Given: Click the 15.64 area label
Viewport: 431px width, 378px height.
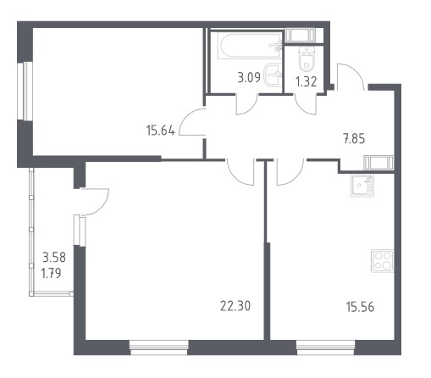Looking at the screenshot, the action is (x=161, y=131).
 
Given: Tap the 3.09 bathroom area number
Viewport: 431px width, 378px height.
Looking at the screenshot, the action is (x=249, y=77).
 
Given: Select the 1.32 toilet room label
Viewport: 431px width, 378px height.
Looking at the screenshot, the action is (x=306, y=82).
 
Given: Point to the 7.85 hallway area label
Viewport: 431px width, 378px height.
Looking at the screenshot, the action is (x=354, y=139).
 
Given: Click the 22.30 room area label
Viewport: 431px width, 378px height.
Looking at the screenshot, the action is (x=235, y=306).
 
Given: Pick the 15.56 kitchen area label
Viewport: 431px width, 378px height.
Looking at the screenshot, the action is (x=360, y=307).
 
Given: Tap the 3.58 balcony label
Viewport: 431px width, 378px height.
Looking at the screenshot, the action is (x=54, y=258).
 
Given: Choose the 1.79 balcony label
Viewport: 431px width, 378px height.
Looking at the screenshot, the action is (x=51, y=273).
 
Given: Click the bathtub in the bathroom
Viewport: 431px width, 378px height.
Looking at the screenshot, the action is (x=250, y=46).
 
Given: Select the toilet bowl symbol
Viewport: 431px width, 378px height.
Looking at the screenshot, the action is (x=307, y=59).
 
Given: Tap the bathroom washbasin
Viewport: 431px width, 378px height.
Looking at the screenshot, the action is (x=274, y=75).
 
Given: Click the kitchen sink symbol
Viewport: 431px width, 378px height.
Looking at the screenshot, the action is (x=362, y=186).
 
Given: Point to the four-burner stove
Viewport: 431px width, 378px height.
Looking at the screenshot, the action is (x=382, y=261).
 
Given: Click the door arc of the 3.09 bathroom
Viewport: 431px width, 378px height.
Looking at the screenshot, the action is (x=252, y=108).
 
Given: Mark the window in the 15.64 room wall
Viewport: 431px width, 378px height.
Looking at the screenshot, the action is (x=25, y=92).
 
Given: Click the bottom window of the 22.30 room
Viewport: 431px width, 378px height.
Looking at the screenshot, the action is (x=159, y=347).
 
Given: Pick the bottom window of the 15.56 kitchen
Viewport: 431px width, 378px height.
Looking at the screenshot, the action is (x=325, y=347).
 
